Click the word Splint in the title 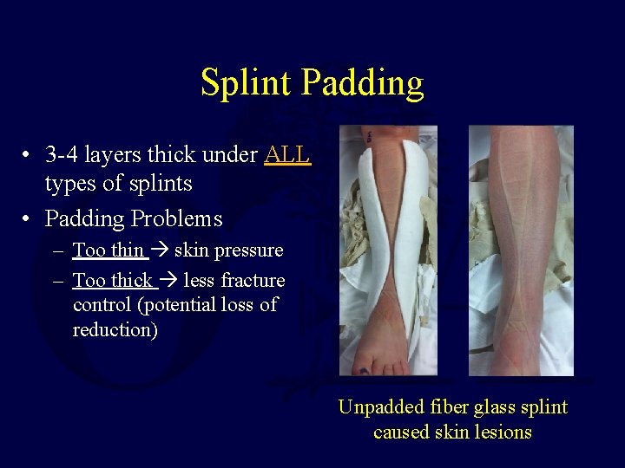pos(247,83)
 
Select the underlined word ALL pos(286,155)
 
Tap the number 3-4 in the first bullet pos(62,155)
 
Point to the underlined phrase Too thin pos(108,250)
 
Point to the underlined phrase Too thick pos(112,281)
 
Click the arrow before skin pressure pos(160,250)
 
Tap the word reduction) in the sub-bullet pos(115,330)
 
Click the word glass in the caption pos(495,407)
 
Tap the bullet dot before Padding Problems pos(28,219)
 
